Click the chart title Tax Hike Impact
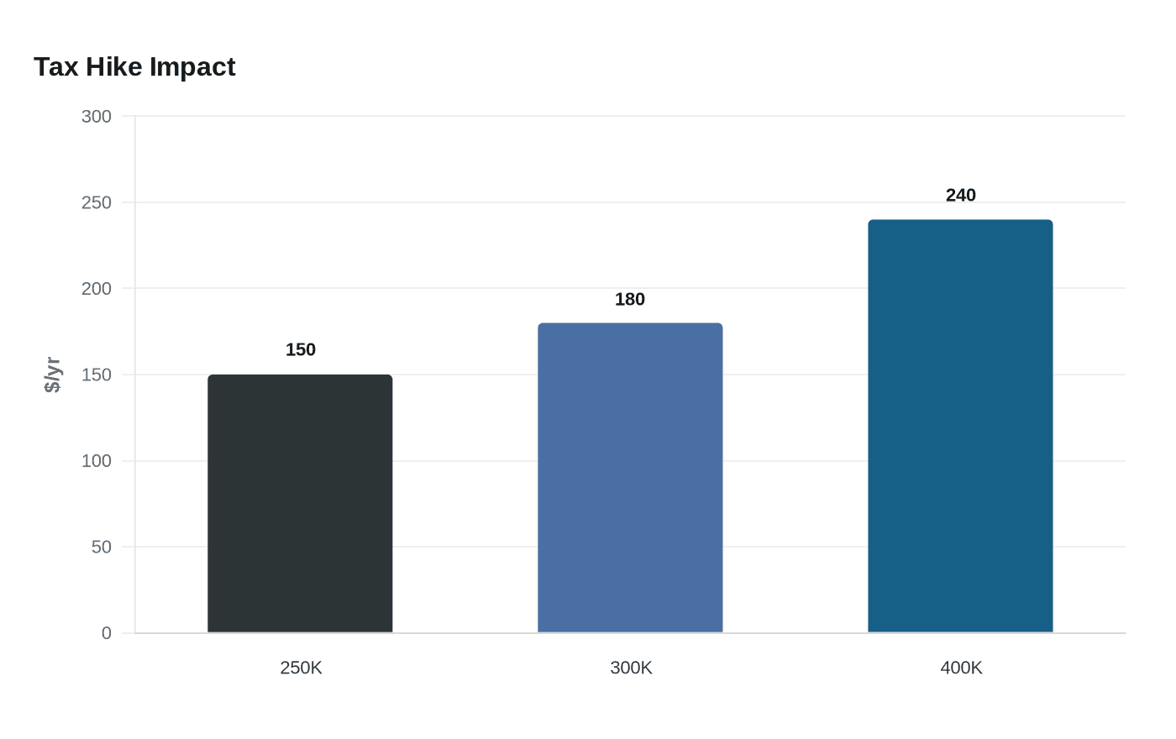[x=134, y=66]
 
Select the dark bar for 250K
[x=300, y=504]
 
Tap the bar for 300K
[x=630, y=478]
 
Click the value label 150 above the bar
[x=301, y=349]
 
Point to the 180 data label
[x=630, y=299]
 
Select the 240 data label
[x=961, y=195]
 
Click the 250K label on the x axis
[x=301, y=668]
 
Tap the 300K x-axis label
[x=631, y=668]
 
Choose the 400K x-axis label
[x=961, y=668]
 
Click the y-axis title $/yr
[x=52, y=375]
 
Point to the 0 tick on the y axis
[x=106, y=633]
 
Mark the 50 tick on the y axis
[x=101, y=547]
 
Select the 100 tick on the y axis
[x=97, y=461]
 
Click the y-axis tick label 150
[x=97, y=375]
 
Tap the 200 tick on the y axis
[x=97, y=288]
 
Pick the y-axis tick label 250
[x=97, y=202]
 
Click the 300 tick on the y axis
[x=97, y=116]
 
